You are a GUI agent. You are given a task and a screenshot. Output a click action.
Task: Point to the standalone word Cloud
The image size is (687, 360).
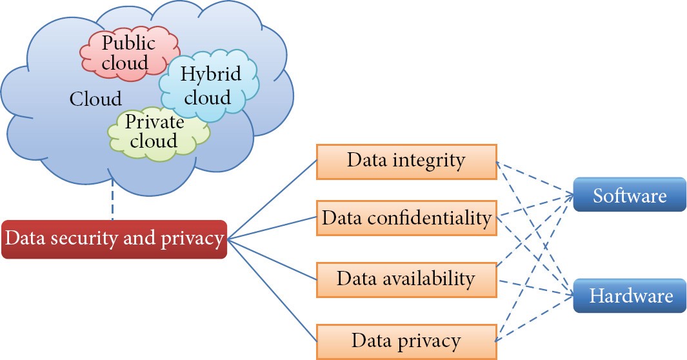coord(95,99)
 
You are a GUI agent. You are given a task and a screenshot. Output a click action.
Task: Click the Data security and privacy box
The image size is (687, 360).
coord(114,239)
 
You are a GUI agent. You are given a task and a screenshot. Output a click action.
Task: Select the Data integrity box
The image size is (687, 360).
coord(406,160)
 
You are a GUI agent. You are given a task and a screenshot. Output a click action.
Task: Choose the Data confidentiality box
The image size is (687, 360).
coord(406,217)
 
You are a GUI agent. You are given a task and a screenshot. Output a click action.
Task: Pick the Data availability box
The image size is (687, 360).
coord(406,279)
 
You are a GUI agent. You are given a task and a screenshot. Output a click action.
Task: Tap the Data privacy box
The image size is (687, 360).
coord(406,340)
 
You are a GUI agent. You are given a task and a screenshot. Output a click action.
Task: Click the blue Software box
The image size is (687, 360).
coord(630,195)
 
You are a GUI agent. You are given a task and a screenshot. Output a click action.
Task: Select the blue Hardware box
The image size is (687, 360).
coord(630,295)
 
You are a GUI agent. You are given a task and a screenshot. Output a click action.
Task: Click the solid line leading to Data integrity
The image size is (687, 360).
coord(271,201)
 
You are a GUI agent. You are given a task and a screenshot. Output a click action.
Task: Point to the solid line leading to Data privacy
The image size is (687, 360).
coord(271,288)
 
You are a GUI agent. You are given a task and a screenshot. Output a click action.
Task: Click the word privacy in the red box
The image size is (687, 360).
coord(192,239)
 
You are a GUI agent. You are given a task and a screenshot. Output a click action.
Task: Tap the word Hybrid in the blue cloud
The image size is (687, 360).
coord(210,74)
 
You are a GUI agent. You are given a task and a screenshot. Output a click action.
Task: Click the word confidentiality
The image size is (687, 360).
coord(433,217)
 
